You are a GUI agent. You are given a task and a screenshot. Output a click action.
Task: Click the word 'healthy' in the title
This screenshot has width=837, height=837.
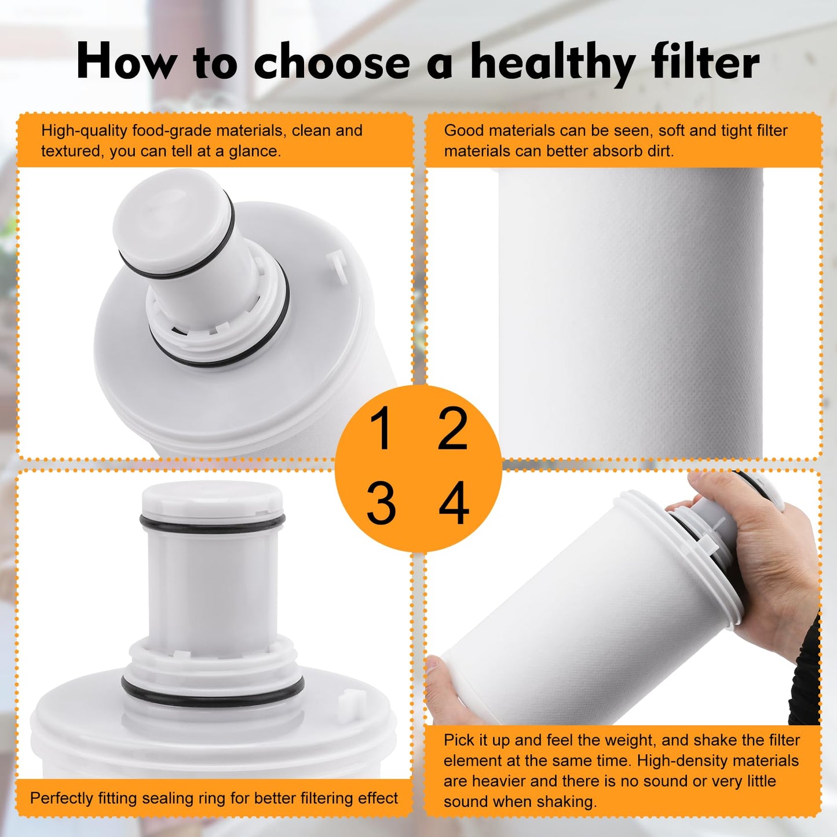click(x=553, y=62)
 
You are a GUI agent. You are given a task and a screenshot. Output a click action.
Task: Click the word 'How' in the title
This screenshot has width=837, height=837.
click(x=125, y=62)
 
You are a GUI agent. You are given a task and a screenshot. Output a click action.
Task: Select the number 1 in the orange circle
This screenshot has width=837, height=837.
click(x=381, y=429)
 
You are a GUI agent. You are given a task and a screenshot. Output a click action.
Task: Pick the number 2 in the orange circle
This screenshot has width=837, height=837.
click(x=452, y=429)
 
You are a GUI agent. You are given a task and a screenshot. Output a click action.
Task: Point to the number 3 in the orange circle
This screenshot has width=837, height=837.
click(x=381, y=503)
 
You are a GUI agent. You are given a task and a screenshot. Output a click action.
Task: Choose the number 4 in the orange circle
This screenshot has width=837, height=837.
click(x=454, y=503)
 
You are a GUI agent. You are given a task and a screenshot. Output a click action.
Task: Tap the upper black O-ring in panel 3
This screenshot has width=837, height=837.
click(x=213, y=523)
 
